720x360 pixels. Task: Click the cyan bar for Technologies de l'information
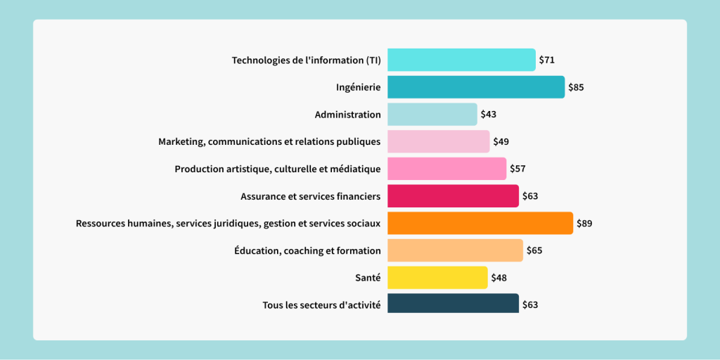(461, 60)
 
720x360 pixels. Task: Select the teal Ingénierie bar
(476, 87)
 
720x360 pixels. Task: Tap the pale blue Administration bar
(432, 114)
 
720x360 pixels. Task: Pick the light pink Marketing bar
(438, 141)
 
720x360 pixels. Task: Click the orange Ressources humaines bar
(480, 224)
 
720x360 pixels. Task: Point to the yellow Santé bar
(437, 278)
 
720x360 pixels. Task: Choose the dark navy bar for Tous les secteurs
(453, 304)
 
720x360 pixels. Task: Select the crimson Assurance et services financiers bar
(453, 196)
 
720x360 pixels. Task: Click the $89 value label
(584, 224)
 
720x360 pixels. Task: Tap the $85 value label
(576, 87)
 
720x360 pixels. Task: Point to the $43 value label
(489, 114)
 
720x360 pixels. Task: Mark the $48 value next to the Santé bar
(499, 278)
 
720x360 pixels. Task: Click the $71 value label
(547, 60)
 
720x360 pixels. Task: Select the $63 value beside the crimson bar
(530, 196)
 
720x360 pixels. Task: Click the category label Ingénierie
(358, 87)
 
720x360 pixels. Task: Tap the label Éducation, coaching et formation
(307, 250)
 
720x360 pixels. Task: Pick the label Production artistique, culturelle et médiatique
(278, 169)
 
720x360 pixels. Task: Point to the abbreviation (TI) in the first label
(373, 60)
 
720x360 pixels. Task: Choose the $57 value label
(517, 169)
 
